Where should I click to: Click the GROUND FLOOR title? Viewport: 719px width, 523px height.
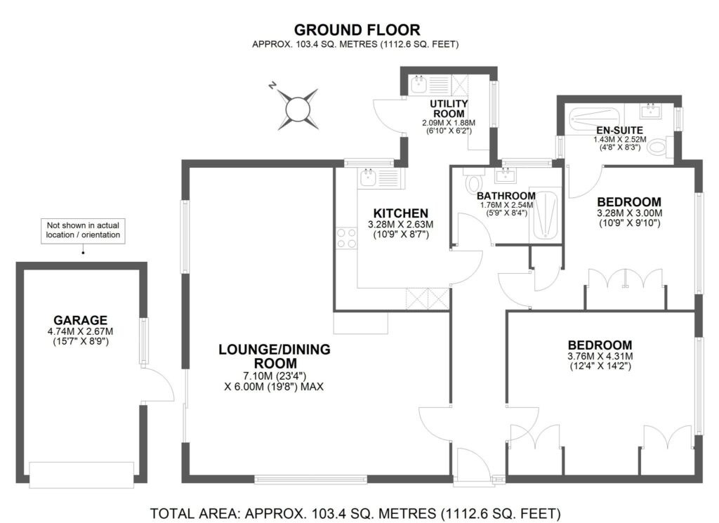pyautogui.click(x=357, y=30)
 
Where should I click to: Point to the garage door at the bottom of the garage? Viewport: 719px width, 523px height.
pyautogui.click(x=81, y=475)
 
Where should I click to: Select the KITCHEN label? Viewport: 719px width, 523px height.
pyautogui.click(x=400, y=213)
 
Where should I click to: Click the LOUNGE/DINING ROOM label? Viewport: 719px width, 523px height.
pyautogui.click(x=274, y=356)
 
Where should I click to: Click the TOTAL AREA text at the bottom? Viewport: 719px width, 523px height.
pyautogui.click(x=357, y=512)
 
